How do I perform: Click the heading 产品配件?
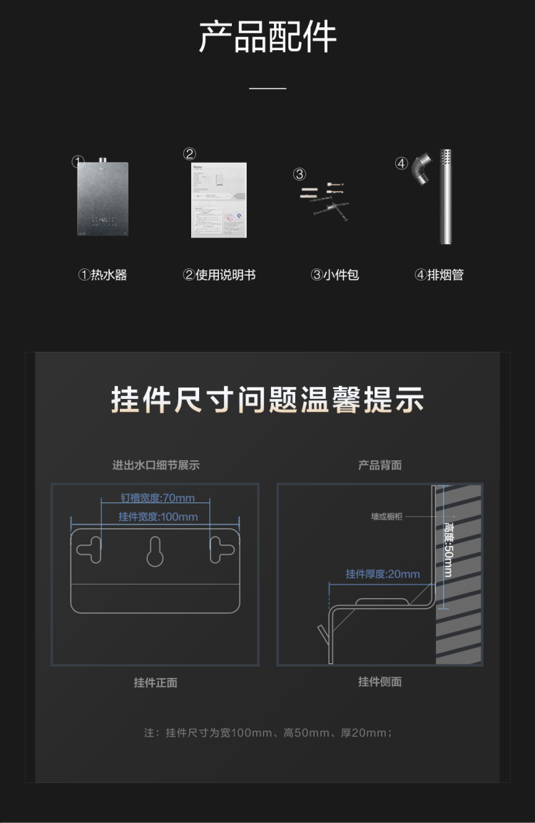pos(267,38)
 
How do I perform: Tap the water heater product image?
pos(103,199)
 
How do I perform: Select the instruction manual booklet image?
pos(218,200)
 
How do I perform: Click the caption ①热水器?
pos(103,275)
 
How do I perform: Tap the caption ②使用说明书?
pos(219,275)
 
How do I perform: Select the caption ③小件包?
pos(335,275)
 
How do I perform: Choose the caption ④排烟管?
pos(439,275)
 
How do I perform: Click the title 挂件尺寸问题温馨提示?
pos(267,400)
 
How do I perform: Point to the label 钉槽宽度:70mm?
pos(157,498)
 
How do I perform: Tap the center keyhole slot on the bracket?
pos(155,552)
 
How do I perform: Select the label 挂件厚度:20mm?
pos(382,574)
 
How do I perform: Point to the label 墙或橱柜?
pos(387,516)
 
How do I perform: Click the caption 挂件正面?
pos(156,682)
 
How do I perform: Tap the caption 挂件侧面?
pos(379,682)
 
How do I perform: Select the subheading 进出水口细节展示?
pos(156,465)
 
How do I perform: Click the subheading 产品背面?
pos(379,465)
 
